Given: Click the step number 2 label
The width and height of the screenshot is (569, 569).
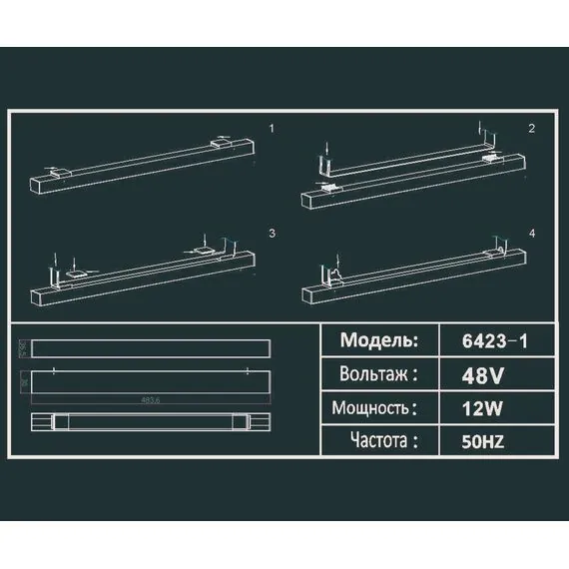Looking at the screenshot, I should coord(532,129).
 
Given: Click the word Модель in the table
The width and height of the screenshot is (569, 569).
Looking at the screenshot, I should coord(378,340).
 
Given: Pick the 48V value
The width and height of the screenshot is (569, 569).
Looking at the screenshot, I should coord(483,376).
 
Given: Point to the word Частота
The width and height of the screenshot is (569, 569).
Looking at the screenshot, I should coord(380,439).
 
